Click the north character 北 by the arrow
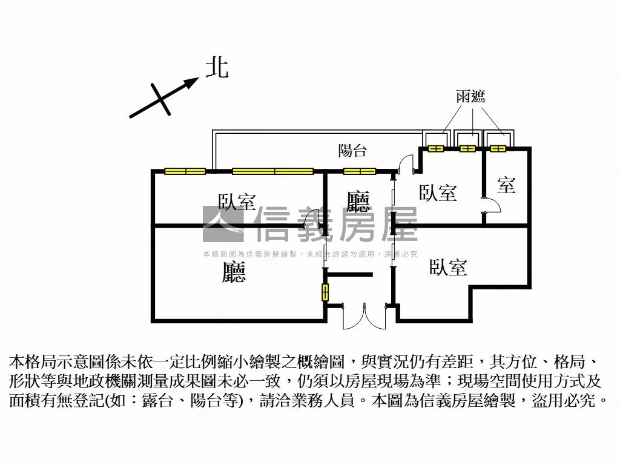(217, 67)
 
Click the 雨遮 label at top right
(470, 96)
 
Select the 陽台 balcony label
(352, 150)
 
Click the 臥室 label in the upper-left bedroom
(237, 201)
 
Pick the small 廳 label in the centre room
(358, 201)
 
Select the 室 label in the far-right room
(506, 185)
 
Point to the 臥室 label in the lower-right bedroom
(448, 267)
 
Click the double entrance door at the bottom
(364, 316)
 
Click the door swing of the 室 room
(492, 206)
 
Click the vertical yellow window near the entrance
(325, 292)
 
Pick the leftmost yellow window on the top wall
(185, 171)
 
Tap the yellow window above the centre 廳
(360, 171)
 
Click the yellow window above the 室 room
(498, 148)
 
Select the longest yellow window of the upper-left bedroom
(272, 171)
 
